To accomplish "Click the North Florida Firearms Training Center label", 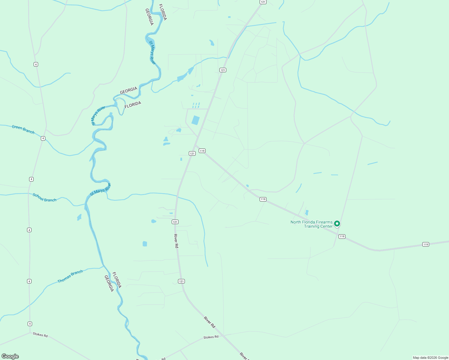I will (x=312, y=224).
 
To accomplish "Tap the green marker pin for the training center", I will (x=337, y=223).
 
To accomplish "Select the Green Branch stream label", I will (x=23, y=129).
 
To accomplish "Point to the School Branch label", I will (x=44, y=197).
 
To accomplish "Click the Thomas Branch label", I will (x=70, y=276).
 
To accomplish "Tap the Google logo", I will (x=10, y=356).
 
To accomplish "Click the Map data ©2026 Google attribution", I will (x=430, y=358).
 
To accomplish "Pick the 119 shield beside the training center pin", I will (x=342, y=236).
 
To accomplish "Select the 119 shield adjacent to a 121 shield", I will (x=202, y=151).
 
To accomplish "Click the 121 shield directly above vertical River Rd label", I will (x=175, y=222).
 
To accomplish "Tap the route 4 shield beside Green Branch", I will (x=43, y=138).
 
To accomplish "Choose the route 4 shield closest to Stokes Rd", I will (x=30, y=324).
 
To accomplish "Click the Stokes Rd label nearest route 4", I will (x=40, y=335).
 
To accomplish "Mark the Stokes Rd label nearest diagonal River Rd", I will (x=211, y=337).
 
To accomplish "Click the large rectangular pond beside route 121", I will (x=195, y=120).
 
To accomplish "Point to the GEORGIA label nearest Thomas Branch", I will (x=109, y=283).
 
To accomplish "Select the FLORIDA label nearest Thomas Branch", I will (x=117, y=280).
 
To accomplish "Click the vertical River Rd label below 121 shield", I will (x=176, y=241).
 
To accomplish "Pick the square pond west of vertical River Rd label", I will (x=145, y=244).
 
